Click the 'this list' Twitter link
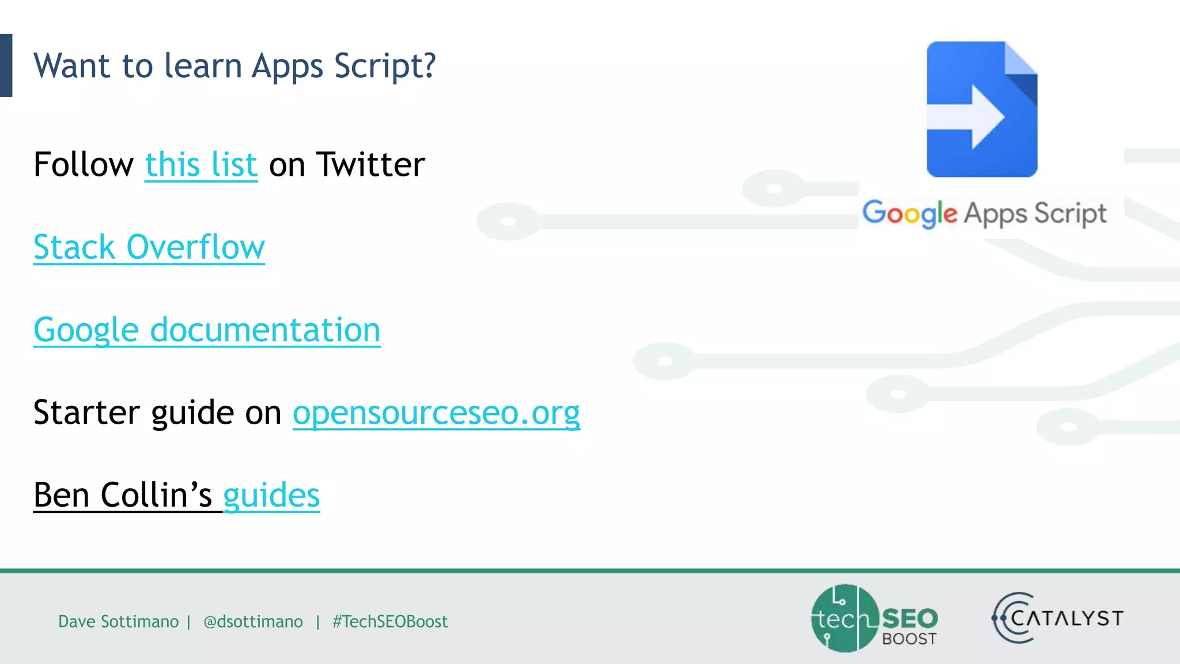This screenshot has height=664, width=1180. point(201,165)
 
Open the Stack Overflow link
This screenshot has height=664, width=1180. point(149,247)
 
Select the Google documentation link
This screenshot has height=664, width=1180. point(207,330)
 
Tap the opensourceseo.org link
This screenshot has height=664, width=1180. point(436,413)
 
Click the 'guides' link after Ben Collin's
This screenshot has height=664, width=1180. point(271,495)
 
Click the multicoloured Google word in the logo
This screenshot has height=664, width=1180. point(909,214)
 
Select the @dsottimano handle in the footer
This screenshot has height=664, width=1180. point(253,621)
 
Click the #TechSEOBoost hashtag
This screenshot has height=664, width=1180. point(390,621)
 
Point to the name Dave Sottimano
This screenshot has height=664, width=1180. point(118,621)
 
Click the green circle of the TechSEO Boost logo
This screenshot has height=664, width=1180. point(842,618)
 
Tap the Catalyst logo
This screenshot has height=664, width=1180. point(1058,618)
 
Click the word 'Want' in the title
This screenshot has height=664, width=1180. point(71,66)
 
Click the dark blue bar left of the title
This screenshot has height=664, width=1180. point(6,65)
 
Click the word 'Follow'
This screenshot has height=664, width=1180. point(84,165)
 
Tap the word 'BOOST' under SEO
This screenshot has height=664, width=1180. point(909,639)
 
